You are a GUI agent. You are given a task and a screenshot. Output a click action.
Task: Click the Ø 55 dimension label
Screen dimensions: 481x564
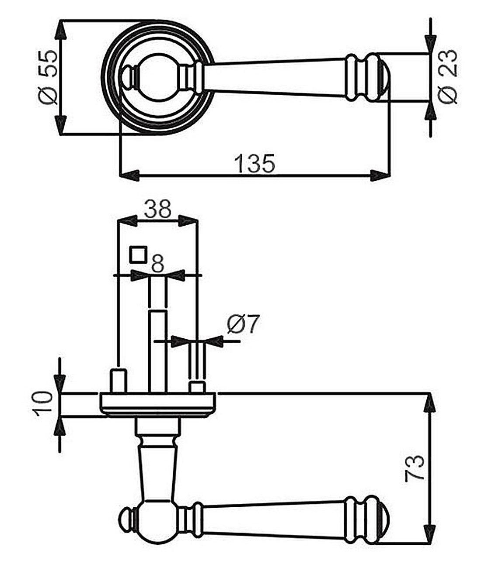coord(48,77)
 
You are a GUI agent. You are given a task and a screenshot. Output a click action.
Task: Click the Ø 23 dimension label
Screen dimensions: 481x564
coord(449,77)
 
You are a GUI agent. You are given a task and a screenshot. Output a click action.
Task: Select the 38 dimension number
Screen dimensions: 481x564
coord(158,209)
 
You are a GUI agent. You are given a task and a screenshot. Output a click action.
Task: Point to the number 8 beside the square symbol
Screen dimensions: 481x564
coord(157,264)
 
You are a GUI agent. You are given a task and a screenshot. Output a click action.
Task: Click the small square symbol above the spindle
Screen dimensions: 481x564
coord(138,254)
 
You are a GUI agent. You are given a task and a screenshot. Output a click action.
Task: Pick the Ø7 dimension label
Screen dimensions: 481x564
coord(243,324)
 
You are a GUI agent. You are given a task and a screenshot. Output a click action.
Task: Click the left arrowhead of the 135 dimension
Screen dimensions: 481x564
coord(130,175)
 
